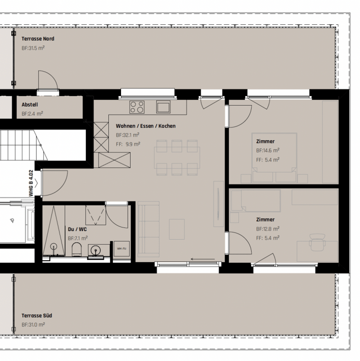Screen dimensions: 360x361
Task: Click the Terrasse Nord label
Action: (x=38, y=39)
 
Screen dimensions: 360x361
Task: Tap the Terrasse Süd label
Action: (x=36, y=316)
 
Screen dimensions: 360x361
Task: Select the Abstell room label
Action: (x=30, y=105)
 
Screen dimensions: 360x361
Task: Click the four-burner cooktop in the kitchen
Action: (x=137, y=107)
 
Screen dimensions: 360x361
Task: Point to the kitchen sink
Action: (x=163, y=107)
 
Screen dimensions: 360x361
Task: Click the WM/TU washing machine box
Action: (x=121, y=249)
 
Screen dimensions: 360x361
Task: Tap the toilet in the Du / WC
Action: (x=77, y=249)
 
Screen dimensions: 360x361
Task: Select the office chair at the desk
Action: (x=317, y=242)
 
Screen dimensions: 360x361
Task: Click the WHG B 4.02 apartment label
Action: (x=31, y=183)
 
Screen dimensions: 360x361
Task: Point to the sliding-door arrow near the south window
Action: (x=203, y=259)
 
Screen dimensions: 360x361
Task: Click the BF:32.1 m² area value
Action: (x=127, y=135)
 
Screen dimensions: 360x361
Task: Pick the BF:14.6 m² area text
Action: (x=268, y=150)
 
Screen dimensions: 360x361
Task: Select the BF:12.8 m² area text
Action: (x=268, y=229)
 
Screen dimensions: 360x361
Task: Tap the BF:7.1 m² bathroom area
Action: (x=78, y=238)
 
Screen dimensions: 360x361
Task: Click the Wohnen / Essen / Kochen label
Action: (x=146, y=126)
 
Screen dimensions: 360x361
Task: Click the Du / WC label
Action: (x=77, y=229)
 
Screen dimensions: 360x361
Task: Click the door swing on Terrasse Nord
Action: (x=48, y=80)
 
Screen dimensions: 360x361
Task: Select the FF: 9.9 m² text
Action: (x=128, y=144)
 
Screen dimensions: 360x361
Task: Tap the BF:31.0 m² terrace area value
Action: (x=33, y=325)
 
